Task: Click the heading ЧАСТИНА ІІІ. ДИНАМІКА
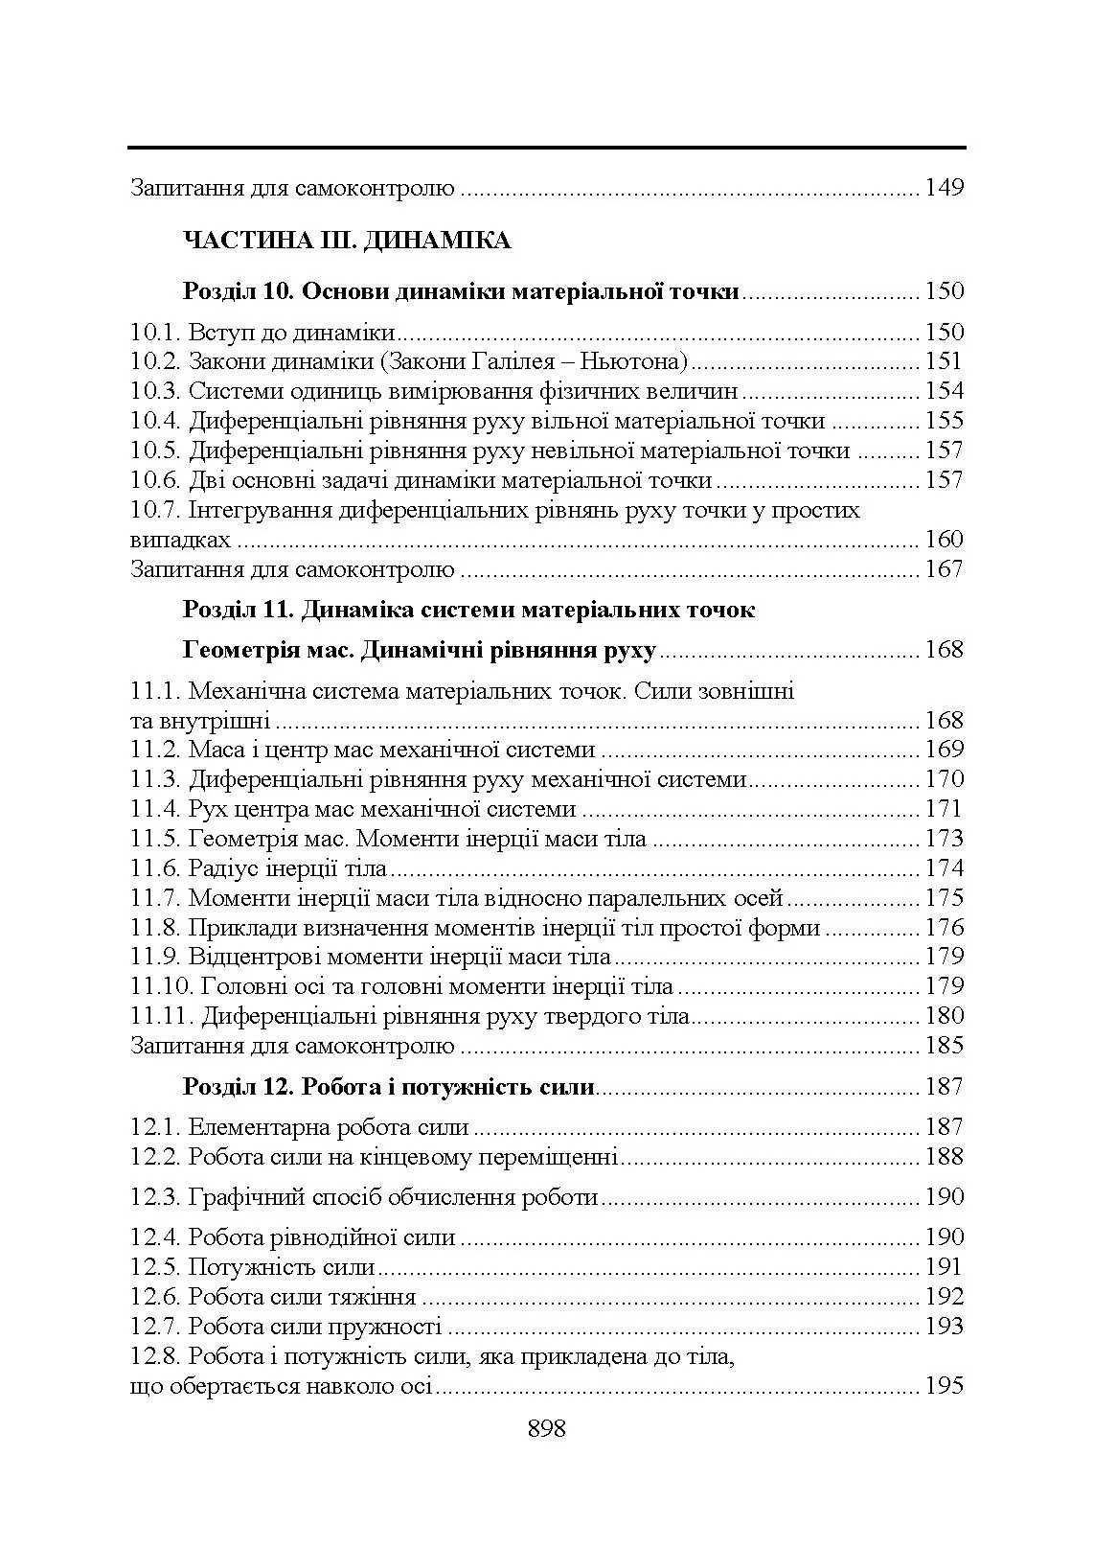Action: tap(346, 241)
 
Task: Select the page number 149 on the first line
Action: tap(944, 188)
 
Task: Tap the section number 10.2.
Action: tap(156, 362)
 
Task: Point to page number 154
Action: tap(944, 392)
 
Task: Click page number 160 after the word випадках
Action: tap(944, 540)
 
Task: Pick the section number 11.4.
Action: tap(156, 810)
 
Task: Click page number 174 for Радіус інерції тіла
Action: tap(944, 869)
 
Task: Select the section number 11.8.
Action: tap(156, 929)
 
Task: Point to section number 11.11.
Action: tap(162, 1017)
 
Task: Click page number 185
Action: tap(944, 1046)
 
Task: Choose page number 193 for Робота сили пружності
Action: tap(944, 1328)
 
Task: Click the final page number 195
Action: tap(944, 1387)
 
